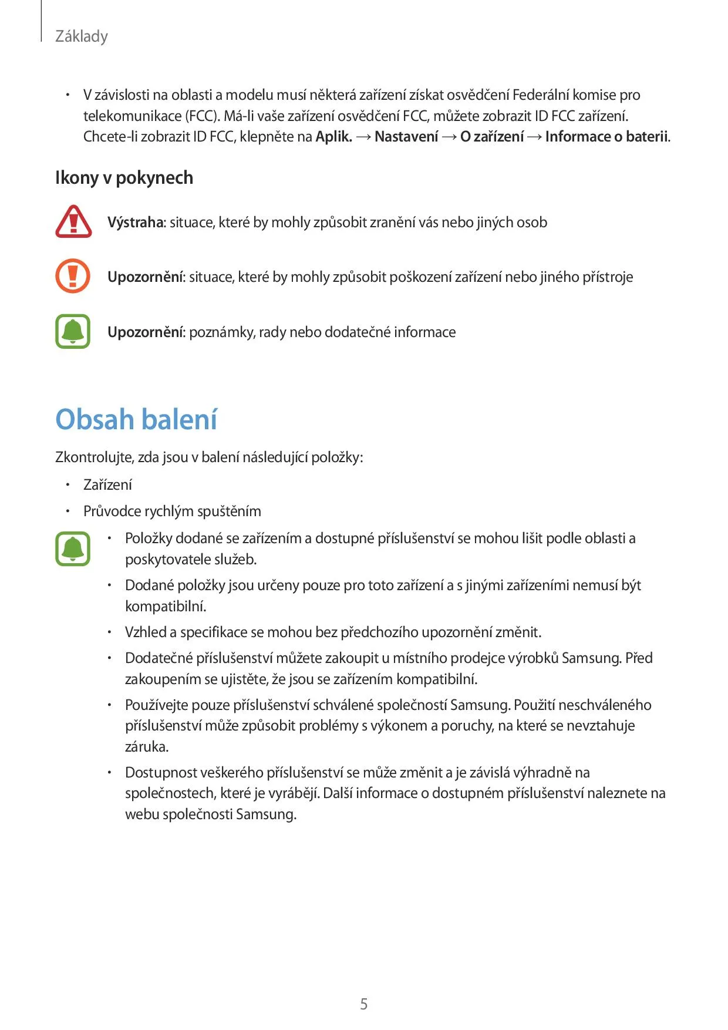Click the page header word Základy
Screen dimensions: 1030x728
pyautogui.click(x=81, y=36)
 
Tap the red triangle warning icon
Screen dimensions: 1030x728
pyautogui.click(x=73, y=222)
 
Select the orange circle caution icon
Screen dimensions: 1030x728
pyautogui.click(x=73, y=276)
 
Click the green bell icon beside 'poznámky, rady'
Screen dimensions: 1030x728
pyautogui.click(x=73, y=331)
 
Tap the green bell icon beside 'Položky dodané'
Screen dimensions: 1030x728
pyautogui.click(x=73, y=548)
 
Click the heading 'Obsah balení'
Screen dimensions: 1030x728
pyautogui.click(x=136, y=419)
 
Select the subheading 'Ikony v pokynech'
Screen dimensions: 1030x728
pyautogui.click(x=124, y=177)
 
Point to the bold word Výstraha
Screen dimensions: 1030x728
pyautogui.click(x=135, y=223)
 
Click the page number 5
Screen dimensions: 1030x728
pyautogui.click(x=364, y=1004)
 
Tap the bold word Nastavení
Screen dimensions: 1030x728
pyautogui.click(x=406, y=137)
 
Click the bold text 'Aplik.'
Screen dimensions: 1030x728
pyautogui.click(x=333, y=137)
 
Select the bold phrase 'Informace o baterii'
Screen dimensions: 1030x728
pyautogui.click(x=606, y=137)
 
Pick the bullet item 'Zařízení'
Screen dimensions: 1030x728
pyautogui.click(x=107, y=484)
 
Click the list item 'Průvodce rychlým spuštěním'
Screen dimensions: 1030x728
pyautogui.click(x=172, y=511)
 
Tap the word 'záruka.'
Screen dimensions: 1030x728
pyautogui.click(x=147, y=746)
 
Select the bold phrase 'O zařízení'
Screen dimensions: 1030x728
pyautogui.click(x=491, y=137)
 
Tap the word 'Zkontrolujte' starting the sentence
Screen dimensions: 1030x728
pyautogui.click(x=94, y=457)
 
